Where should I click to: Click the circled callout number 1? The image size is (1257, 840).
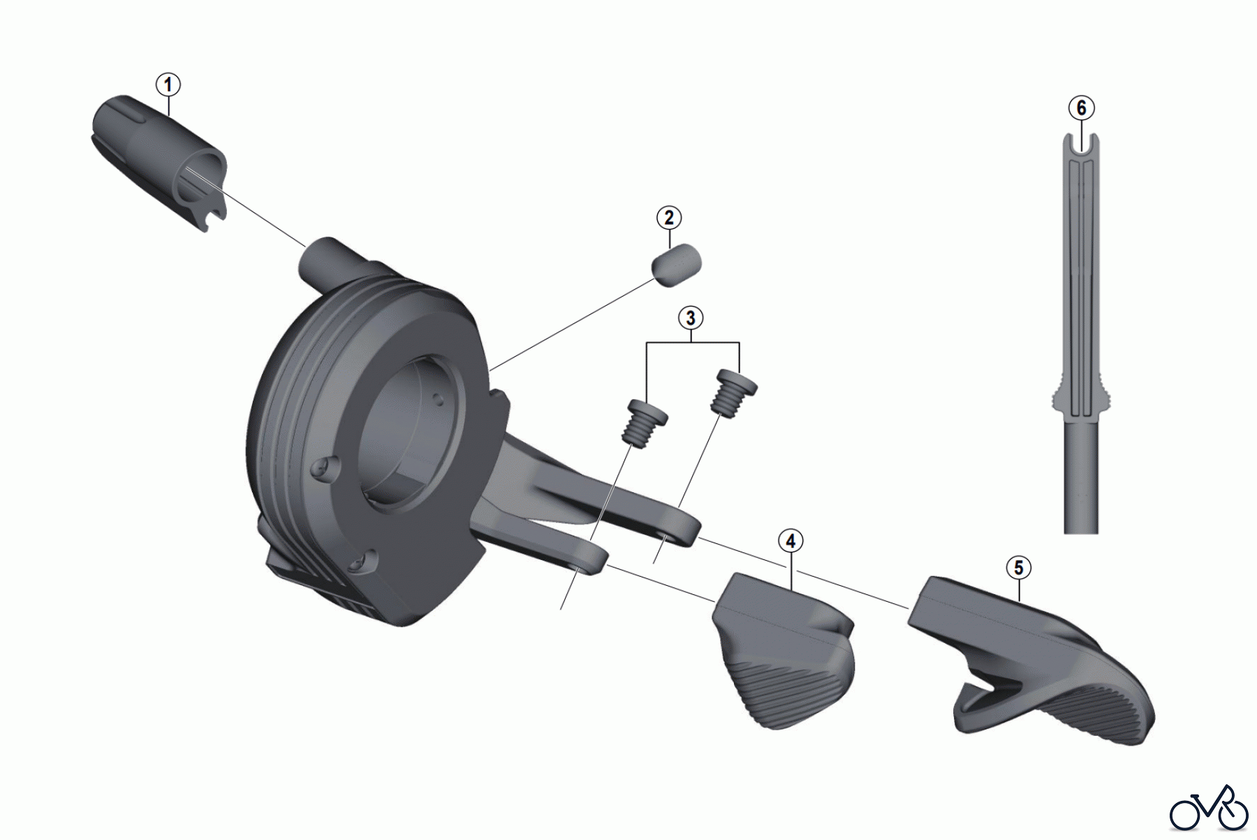click(x=168, y=85)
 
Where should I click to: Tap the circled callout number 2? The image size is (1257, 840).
click(x=669, y=217)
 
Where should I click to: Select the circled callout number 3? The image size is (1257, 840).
click(x=691, y=318)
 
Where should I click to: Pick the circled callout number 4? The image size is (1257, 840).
click(x=791, y=541)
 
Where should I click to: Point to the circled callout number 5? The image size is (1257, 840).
click(x=1018, y=568)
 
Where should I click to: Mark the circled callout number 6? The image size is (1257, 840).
click(x=1081, y=108)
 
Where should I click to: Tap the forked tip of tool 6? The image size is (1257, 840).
click(x=1081, y=147)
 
